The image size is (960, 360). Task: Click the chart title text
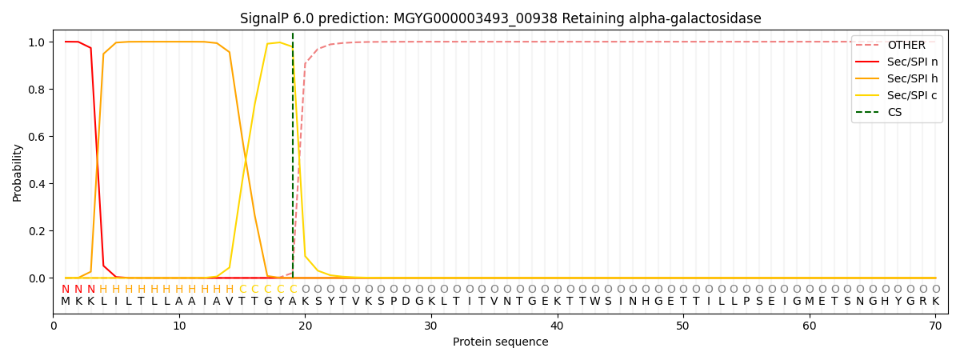pyautogui.click(x=500, y=18)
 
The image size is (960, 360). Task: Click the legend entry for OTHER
pyautogui.click(x=906, y=46)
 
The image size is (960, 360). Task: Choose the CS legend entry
pyautogui.click(x=894, y=112)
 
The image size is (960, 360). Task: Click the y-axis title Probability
pyautogui.click(x=18, y=172)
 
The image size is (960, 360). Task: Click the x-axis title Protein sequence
pyautogui.click(x=500, y=342)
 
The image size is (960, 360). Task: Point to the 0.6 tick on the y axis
pyautogui.click(x=38, y=137)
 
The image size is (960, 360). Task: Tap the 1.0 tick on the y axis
pyautogui.click(x=38, y=42)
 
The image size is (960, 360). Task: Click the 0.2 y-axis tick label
pyautogui.click(x=38, y=231)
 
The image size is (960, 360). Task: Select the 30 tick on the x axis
pyautogui.click(x=430, y=326)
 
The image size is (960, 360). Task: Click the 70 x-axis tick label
pyautogui.click(x=935, y=326)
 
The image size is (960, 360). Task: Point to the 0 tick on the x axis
pyautogui.click(x=53, y=326)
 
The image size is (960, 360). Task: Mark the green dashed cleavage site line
pyautogui.click(x=293, y=160)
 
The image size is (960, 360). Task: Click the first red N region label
pyautogui.click(x=66, y=290)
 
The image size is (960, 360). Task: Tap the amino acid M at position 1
pyautogui.click(x=66, y=302)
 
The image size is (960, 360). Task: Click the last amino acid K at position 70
pyautogui.click(x=935, y=302)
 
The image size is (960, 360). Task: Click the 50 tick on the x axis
pyautogui.click(x=682, y=326)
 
